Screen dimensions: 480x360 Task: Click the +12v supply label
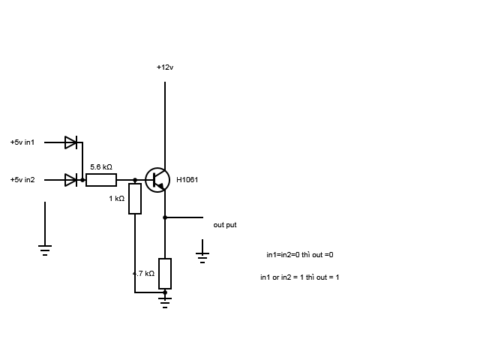point(165,67)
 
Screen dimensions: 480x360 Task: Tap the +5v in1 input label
point(22,142)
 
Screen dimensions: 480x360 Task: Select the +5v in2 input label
point(22,180)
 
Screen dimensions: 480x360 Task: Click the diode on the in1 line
point(71,142)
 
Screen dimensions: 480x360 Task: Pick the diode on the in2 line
point(71,180)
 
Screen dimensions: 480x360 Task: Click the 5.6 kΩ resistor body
point(101,180)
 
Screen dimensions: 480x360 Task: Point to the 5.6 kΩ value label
point(101,167)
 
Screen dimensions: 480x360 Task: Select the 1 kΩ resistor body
point(135,199)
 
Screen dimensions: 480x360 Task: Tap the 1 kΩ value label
point(117,199)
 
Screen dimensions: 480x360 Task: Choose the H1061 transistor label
point(187,180)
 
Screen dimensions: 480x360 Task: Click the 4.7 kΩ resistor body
point(165,274)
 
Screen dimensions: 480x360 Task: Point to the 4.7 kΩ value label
point(143,274)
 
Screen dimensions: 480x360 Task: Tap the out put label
point(225,225)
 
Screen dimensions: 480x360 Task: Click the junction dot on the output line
point(165,217)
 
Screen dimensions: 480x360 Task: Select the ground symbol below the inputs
point(45,250)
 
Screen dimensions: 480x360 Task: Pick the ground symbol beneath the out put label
point(202,258)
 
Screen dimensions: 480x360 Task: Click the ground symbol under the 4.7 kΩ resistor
point(165,302)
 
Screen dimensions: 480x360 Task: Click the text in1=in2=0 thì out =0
point(300,255)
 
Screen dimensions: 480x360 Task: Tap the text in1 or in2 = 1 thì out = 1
point(300,277)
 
